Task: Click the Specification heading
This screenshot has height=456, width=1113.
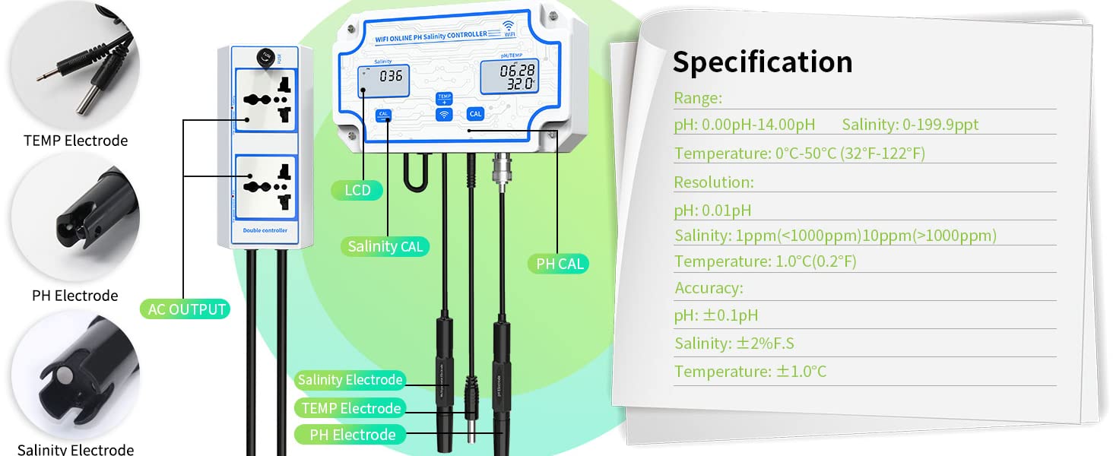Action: (x=762, y=62)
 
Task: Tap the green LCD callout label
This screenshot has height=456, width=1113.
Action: (x=357, y=190)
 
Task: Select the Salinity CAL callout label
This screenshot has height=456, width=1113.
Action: (x=385, y=246)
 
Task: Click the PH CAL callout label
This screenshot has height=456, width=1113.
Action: (x=560, y=264)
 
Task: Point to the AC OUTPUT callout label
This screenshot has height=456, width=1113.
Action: (x=187, y=309)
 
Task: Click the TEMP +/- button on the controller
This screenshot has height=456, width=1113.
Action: (x=444, y=98)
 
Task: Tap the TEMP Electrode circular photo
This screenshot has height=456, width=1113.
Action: (x=75, y=65)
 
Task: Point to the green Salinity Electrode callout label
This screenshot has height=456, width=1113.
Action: (x=350, y=380)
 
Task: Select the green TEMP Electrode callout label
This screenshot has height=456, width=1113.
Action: (x=350, y=408)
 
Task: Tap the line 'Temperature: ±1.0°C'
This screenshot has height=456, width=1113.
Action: (x=750, y=372)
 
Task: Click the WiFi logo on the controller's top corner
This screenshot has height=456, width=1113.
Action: (x=509, y=27)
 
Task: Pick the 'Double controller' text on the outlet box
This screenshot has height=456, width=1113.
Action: (x=265, y=230)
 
